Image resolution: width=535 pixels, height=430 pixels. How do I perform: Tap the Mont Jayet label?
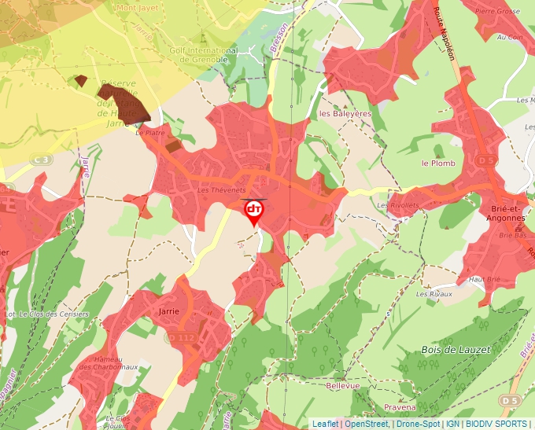(x=137, y=8)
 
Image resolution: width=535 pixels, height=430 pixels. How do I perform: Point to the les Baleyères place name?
(x=345, y=113)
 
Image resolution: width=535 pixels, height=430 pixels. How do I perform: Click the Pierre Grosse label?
(x=497, y=12)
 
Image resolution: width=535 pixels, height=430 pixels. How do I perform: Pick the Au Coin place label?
(x=510, y=37)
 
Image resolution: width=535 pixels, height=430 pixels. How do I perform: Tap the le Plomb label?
(x=438, y=164)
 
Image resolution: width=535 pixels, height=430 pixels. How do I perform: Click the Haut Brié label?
(x=484, y=279)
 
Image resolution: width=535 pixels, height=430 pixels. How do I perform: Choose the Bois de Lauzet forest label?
(x=456, y=349)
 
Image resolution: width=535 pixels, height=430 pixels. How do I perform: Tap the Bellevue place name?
(x=342, y=386)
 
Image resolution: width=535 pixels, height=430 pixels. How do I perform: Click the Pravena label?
(x=400, y=407)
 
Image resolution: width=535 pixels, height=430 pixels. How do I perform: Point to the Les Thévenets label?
(x=222, y=191)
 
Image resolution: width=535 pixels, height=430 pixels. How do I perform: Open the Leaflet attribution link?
(x=325, y=424)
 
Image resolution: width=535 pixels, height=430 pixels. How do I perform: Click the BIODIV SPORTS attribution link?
(x=497, y=424)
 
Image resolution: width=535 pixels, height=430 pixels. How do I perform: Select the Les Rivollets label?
(x=394, y=206)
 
